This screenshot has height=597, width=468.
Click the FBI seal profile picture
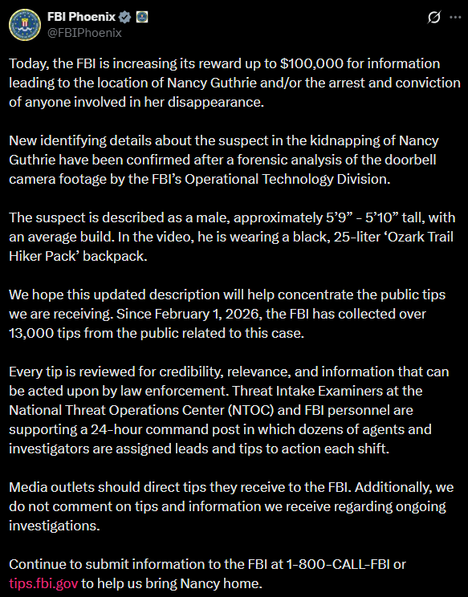click(x=25, y=25)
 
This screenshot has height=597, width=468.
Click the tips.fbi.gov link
click(x=43, y=583)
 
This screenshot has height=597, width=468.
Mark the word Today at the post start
click(x=29, y=63)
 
